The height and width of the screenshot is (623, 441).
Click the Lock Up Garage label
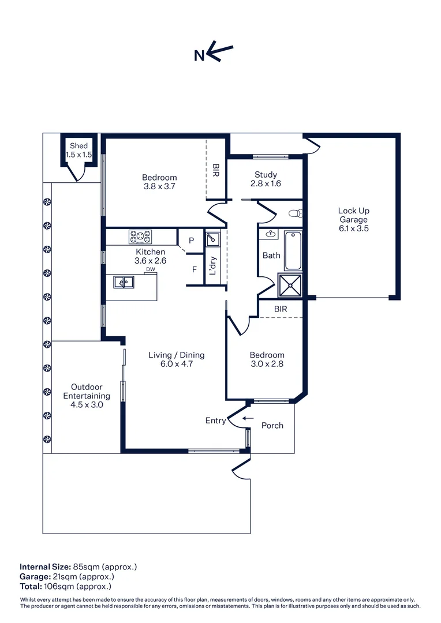tap(353, 219)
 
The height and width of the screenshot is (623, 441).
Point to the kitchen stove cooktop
tap(140, 237)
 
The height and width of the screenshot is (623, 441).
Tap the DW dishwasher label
tap(150, 269)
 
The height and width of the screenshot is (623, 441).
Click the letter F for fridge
tap(195, 269)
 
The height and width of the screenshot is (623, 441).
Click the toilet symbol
tap(296, 213)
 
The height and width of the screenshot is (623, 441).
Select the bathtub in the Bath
tap(293, 250)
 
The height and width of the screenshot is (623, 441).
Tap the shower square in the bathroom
tap(290, 284)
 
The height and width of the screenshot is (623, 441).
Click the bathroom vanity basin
tap(270, 234)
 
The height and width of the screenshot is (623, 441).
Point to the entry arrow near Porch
tap(248, 418)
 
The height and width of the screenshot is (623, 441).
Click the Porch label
tap(272, 426)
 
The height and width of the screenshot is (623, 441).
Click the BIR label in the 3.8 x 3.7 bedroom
tap(216, 170)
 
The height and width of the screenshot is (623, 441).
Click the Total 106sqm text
tap(66, 586)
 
